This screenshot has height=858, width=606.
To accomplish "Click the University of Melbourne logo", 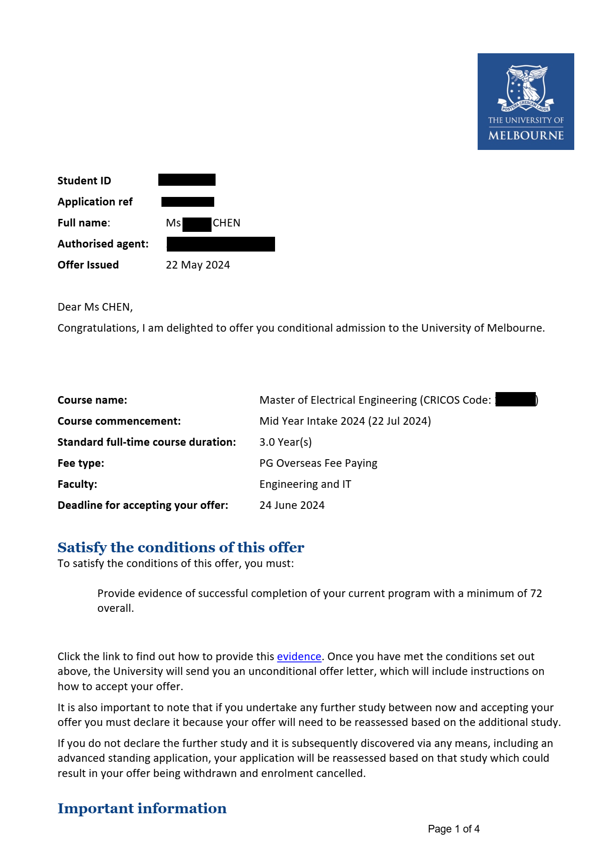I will coord(525,102).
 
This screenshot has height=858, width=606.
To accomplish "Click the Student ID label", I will coord(84,181).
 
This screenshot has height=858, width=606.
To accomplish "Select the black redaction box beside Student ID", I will coord(187,180).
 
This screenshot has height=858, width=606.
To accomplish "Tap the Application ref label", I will coord(95,202).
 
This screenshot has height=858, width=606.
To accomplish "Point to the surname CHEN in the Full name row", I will coord(226,223).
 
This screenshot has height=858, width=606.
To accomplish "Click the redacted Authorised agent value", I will coord(221,244).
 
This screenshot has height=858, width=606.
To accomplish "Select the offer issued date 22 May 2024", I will coord(198,265).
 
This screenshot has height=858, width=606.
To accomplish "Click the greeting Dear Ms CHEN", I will coord(95,307).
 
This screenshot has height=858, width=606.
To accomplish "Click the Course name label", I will coord(92,400).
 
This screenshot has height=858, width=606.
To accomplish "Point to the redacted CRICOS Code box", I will coord(516,399).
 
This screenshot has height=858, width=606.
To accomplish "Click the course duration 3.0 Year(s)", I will coord(285,442).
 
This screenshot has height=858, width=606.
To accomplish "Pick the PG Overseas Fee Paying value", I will coord(318,463).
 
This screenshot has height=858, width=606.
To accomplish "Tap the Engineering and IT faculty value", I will coord(305,484).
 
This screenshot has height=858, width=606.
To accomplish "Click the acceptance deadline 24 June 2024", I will coord(292,505).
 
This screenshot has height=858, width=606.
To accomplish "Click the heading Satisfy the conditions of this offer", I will coord(181,547).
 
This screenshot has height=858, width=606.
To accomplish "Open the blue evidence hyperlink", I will coord(299,657).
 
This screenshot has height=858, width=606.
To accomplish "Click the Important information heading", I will coord(142,808).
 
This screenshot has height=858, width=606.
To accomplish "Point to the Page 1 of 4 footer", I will coord(453,829).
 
